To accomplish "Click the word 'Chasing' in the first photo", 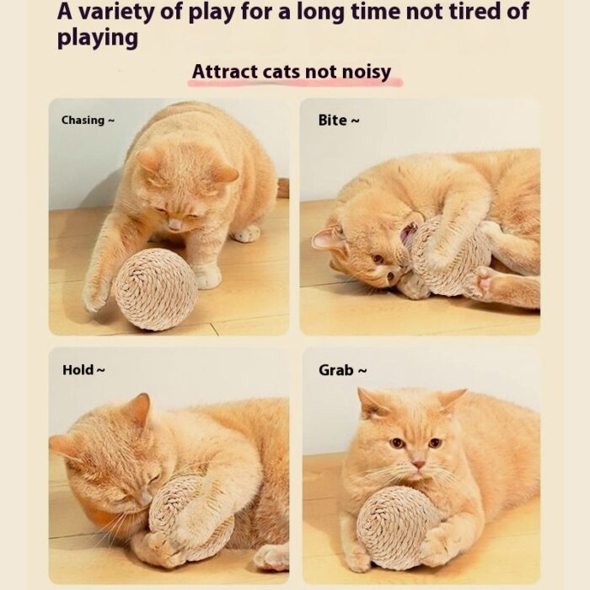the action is pos(83,121).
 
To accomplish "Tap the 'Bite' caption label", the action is pos(333,121).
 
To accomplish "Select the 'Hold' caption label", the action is pos(78,370).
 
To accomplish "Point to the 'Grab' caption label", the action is pos(336,370).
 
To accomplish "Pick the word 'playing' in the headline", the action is pos(98,39).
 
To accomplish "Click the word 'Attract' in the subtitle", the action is pos(225,72).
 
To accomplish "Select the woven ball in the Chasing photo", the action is pos(156,289).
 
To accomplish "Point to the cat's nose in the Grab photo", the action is pos(418,464).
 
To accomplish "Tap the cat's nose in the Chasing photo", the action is pos(174,225).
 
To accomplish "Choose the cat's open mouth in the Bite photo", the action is pos(406,234).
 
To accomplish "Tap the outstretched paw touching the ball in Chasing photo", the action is pos(97,293).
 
